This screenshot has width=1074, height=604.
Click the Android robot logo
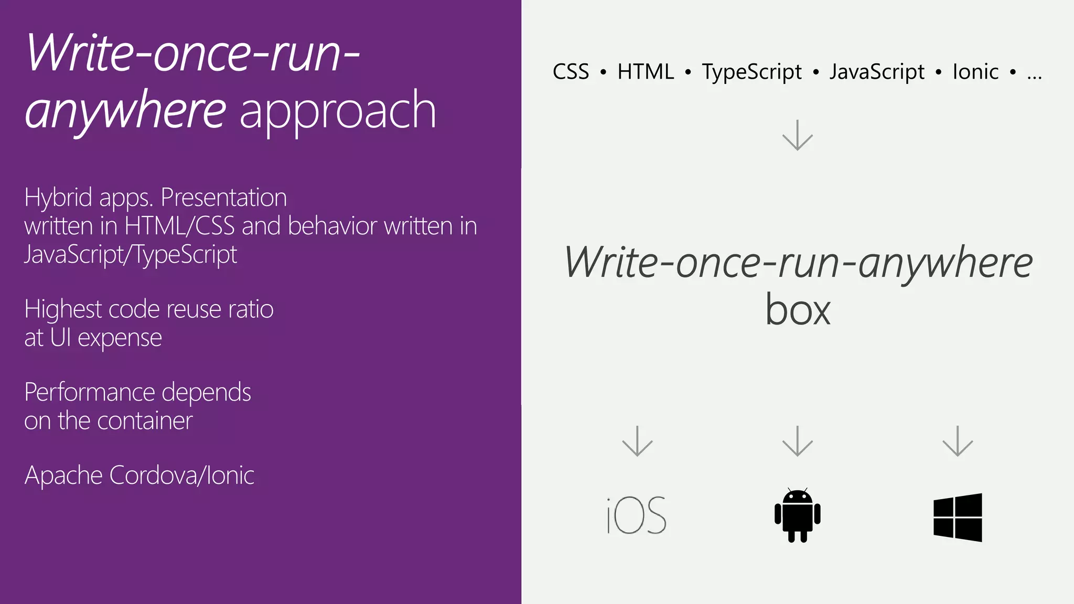(x=797, y=515)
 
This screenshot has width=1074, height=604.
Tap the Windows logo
(x=958, y=517)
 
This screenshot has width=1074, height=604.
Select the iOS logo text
(x=636, y=516)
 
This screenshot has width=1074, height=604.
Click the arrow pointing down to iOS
(x=637, y=441)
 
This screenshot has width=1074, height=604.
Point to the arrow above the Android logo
(x=797, y=441)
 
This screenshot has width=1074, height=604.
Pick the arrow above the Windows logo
(x=958, y=441)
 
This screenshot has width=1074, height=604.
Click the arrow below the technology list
(x=797, y=135)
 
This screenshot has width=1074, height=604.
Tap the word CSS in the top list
(x=571, y=72)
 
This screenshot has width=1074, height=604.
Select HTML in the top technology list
(x=646, y=72)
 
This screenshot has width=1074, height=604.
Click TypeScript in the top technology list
(x=751, y=72)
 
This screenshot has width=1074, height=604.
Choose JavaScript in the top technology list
(x=877, y=72)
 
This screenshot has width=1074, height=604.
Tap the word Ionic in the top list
(x=975, y=72)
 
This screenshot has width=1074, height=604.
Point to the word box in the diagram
(x=798, y=310)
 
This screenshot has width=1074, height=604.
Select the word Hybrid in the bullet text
(x=58, y=198)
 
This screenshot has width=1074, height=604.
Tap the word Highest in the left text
(x=63, y=309)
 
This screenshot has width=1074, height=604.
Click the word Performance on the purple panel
(x=90, y=393)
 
